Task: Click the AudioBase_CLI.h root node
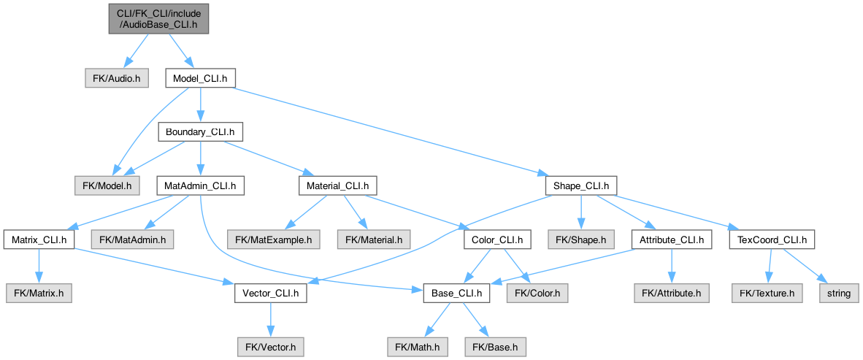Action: point(158,19)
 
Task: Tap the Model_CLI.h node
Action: point(201,80)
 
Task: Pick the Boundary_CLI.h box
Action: point(200,133)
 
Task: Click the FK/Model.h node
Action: point(107,186)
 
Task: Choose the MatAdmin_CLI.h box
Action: point(200,186)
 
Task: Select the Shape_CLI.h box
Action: point(581,186)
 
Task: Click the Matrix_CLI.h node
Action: point(39,240)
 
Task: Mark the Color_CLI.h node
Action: point(497,240)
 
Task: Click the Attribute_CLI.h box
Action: point(672,240)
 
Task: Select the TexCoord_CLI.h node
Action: point(772,240)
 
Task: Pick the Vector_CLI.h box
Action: point(271,294)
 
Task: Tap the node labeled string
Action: point(839,294)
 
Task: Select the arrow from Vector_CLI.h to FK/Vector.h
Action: point(270,320)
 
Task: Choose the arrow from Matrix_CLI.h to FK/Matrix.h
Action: point(39,267)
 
